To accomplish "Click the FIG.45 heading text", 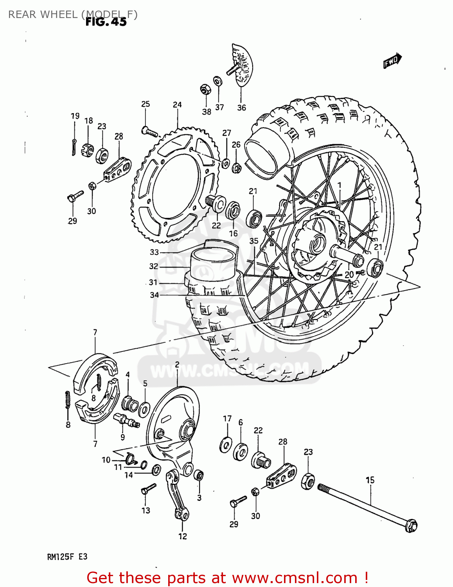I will coord(106,22).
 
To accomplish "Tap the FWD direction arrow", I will coord(392,61).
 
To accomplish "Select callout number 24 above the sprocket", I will coord(177,104).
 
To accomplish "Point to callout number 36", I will coord(241,108).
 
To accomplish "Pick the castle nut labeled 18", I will coord(87,149).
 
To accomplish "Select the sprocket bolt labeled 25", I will coord(150,132).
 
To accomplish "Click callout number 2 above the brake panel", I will coord(177,365).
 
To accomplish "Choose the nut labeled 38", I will coord(204,90).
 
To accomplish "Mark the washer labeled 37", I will coord(218,81).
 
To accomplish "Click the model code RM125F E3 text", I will coord(67,557).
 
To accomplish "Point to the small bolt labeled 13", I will coord(148,489).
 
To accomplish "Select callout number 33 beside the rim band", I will coord(154,252).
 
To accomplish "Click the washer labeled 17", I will coord(226,445).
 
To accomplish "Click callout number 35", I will coord(254,241).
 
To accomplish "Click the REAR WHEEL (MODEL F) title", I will coord(73,14).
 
